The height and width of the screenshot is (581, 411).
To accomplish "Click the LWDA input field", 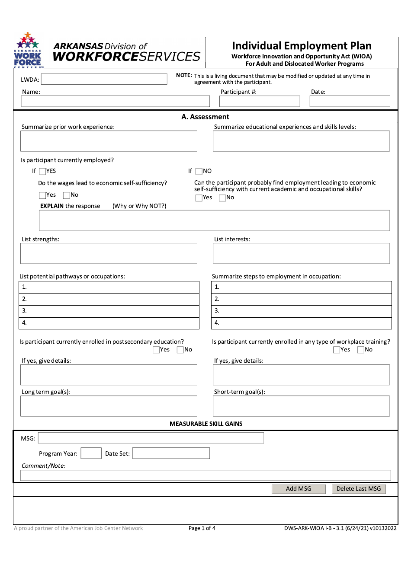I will pyautogui.click(x=104, y=79).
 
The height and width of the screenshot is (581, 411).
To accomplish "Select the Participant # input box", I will pyautogui.click(x=260, y=101).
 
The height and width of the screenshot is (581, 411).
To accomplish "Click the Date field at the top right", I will pyautogui.click(x=350, y=101).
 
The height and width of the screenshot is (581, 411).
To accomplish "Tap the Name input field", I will pyautogui.click(x=115, y=101).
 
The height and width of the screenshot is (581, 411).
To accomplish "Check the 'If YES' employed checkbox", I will pyautogui.click(x=42, y=171).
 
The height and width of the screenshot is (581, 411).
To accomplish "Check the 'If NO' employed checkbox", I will pyautogui.click(x=199, y=171).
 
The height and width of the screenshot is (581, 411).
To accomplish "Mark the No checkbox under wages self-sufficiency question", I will pyautogui.click(x=67, y=195).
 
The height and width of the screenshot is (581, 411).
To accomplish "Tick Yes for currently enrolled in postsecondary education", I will pyautogui.click(x=156, y=350).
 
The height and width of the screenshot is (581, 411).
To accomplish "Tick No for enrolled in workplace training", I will pyautogui.click(x=361, y=350).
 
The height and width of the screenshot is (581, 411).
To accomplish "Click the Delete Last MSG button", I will pyautogui.click(x=359, y=489).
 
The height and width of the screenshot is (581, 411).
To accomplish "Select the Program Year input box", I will pyautogui.click(x=91, y=453).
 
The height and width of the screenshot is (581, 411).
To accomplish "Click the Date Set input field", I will pyautogui.click(x=171, y=453).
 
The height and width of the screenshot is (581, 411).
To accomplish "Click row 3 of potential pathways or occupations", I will pyautogui.click(x=115, y=311).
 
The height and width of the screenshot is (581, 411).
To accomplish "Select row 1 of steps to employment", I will pyautogui.click(x=307, y=287).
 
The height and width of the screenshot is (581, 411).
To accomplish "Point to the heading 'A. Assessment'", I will pyautogui.click(x=205, y=117).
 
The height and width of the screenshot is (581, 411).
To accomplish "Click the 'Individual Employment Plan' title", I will pyautogui.click(x=302, y=46).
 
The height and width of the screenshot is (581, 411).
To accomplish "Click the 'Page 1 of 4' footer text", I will pyautogui.click(x=202, y=528).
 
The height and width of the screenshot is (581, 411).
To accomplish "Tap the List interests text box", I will pyautogui.click(x=301, y=253).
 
